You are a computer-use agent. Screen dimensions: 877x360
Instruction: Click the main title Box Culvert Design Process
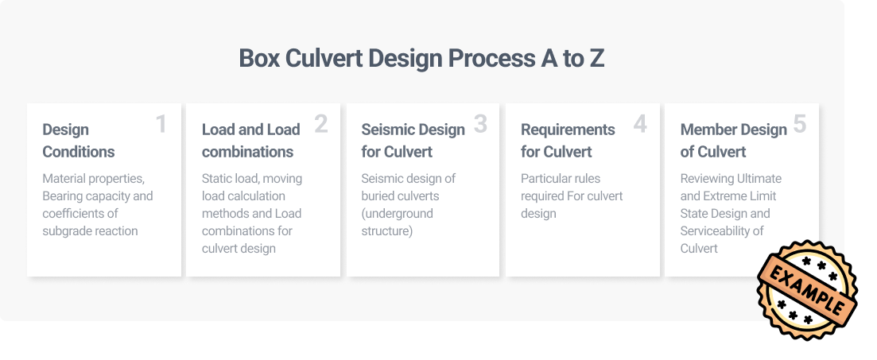coord(421,58)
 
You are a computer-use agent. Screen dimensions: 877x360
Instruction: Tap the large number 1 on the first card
coord(161,124)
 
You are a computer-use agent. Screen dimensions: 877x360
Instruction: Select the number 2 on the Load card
coord(320,124)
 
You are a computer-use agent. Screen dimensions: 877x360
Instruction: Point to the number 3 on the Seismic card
coord(480,124)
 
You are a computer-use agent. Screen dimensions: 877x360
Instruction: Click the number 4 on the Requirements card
coord(640,124)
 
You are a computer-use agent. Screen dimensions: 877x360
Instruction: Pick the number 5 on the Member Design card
coord(800,124)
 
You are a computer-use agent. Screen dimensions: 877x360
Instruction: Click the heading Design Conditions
coord(78,141)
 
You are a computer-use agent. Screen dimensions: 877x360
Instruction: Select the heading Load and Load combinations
coord(251,141)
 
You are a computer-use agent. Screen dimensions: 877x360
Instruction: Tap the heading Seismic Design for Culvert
coord(413,141)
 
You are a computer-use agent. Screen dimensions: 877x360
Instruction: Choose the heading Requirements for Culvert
coord(568,141)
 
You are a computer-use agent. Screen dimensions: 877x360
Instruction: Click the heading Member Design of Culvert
coord(733,141)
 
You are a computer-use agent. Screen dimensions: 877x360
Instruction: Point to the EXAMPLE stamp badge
coord(807,289)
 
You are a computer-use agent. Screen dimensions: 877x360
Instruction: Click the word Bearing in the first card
coord(61,196)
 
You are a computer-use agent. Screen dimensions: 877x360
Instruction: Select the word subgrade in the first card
coord(66,231)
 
